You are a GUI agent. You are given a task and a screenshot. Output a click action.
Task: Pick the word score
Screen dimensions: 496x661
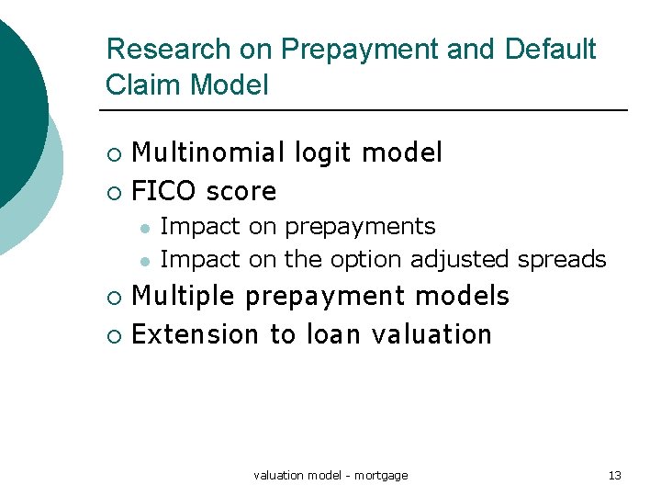pos(241,192)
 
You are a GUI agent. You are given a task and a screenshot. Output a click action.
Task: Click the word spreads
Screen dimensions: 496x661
pos(562,260)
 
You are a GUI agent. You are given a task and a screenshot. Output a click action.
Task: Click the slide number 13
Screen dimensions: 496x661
pos(614,475)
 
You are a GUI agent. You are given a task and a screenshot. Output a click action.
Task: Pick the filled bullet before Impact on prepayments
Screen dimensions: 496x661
pos(143,227)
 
